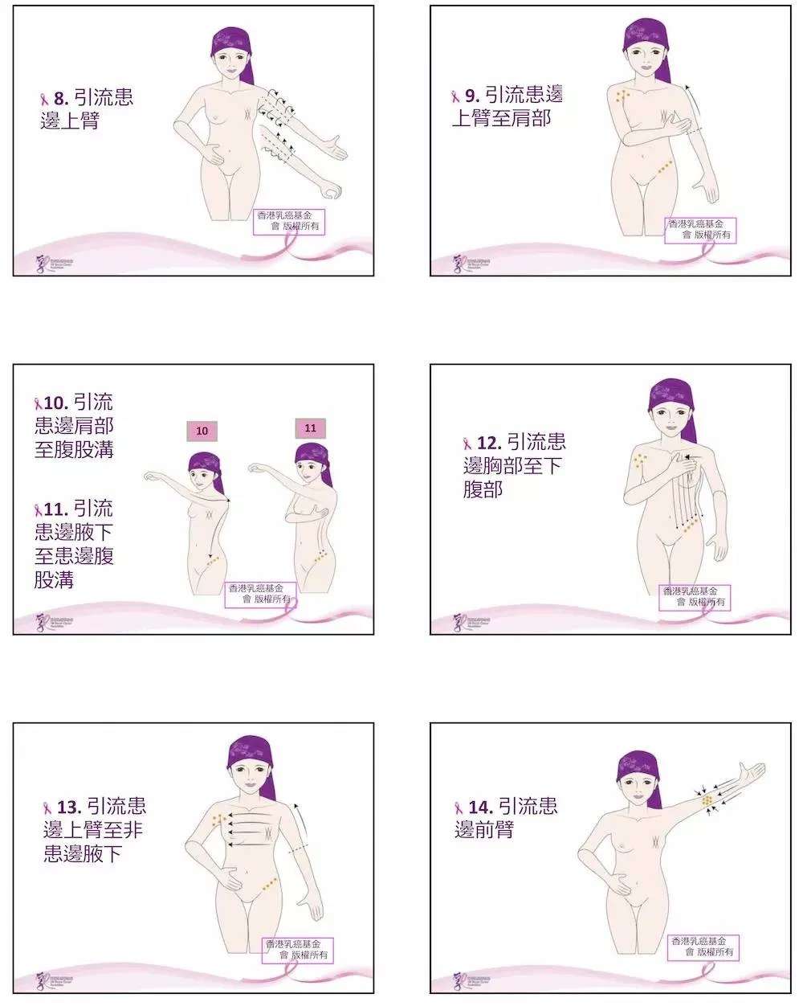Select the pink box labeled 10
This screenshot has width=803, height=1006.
click(x=202, y=431)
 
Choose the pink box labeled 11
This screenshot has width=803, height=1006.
click(x=310, y=428)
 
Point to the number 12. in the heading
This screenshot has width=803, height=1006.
click(x=488, y=443)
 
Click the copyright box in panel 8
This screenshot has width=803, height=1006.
click(x=289, y=221)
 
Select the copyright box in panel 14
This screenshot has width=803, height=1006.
click(x=705, y=947)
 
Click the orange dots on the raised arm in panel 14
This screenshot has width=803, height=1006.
click(x=707, y=801)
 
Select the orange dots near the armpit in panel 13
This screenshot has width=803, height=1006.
click(x=218, y=819)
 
